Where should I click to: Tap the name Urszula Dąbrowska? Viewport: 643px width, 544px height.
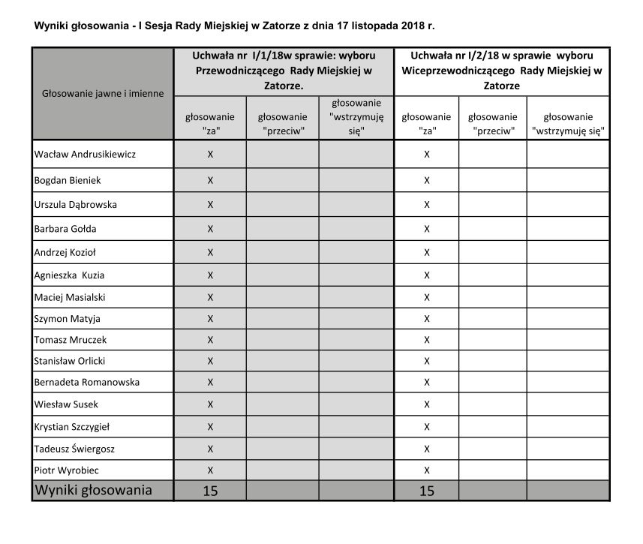pyautogui.click(x=76, y=204)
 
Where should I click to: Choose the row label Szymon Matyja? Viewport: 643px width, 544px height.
pyautogui.click(x=67, y=318)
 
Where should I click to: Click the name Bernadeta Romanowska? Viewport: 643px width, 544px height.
pyautogui.click(x=87, y=382)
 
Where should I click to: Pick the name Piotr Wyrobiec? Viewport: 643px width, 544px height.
pyautogui.click(x=67, y=470)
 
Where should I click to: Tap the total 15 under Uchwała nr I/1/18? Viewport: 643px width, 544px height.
pyautogui.click(x=210, y=491)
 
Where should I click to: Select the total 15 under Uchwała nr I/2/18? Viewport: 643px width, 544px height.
pyautogui.click(x=427, y=491)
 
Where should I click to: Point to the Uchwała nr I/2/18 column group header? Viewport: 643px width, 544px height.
pyautogui.click(x=502, y=71)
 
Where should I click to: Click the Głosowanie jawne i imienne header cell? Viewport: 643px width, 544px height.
pyautogui.click(x=103, y=94)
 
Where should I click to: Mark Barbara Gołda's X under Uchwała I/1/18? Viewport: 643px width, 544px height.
pyautogui.click(x=210, y=229)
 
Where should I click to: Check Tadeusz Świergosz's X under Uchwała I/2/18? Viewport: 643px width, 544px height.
pyautogui.click(x=427, y=449)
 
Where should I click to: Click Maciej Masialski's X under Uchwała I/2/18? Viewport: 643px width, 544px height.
pyautogui.click(x=427, y=297)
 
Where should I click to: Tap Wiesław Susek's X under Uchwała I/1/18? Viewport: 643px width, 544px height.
pyautogui.click(x=210, y=404)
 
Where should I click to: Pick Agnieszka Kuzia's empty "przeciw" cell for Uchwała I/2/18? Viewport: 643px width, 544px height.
pyautogui.click(x=492, y=275)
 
